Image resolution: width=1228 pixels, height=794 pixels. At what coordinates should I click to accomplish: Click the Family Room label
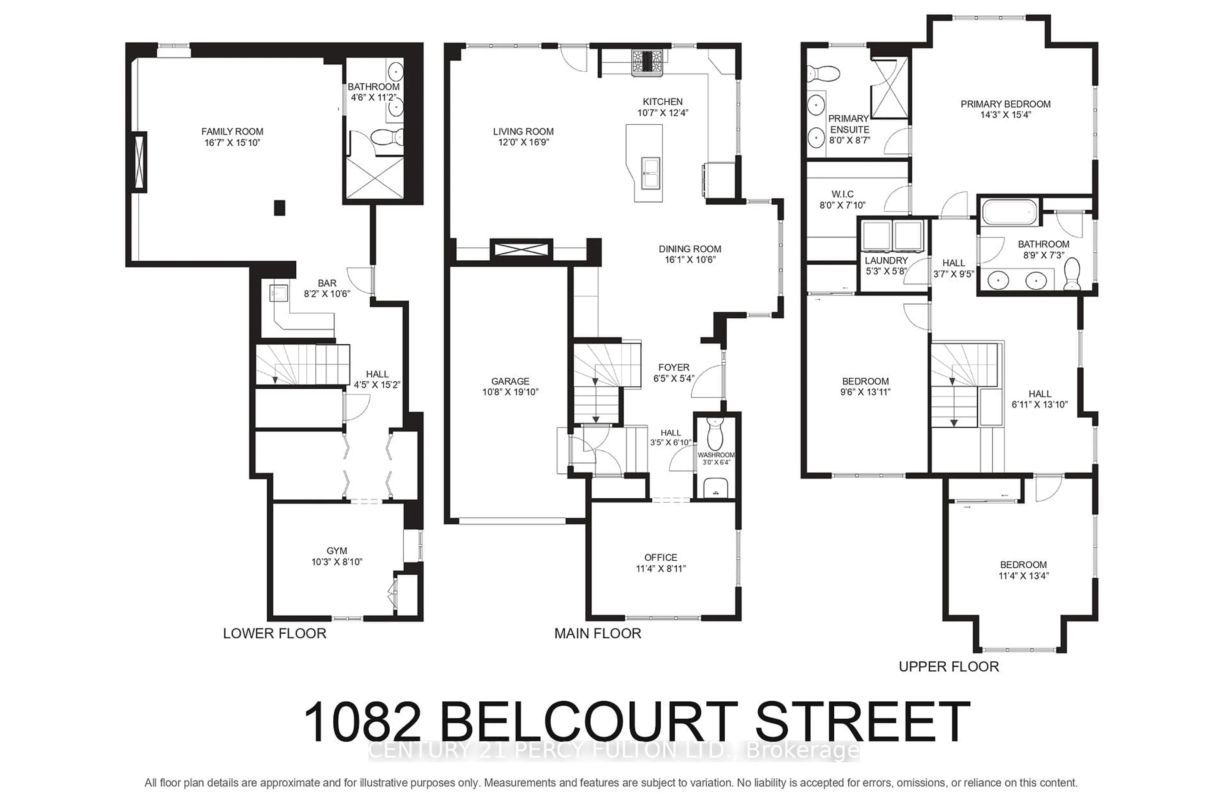[x=232, y=131]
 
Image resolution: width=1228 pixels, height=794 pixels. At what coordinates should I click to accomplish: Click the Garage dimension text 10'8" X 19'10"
[x=510, y=392]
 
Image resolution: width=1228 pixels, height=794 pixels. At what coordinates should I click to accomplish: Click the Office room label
[x=661, y=557]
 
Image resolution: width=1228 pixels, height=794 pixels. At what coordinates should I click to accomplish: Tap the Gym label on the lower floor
[x=337, y=551]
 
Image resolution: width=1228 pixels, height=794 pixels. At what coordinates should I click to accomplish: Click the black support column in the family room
[x=279, y=208]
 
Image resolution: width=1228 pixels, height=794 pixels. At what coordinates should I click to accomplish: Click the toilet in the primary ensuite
[x=823, y=74]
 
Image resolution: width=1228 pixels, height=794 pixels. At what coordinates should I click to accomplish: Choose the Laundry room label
[x=886, y=261]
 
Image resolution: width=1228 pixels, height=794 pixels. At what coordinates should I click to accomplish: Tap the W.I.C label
[x=842, y=194]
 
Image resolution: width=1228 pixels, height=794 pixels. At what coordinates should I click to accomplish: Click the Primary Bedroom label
[x=1005, y=104]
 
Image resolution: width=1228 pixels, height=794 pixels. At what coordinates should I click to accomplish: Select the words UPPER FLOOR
[x=949, y=667]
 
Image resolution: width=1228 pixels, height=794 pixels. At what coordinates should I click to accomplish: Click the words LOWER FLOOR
[x=274, y=634]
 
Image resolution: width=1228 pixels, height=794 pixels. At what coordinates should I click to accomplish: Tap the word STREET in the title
[x=862, y=722]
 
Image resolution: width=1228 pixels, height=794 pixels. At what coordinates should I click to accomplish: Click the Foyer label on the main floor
[x=673, y=368]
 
